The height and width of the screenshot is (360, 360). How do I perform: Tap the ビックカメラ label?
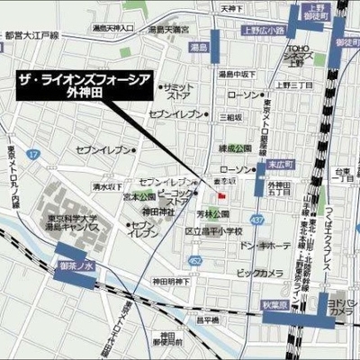258,271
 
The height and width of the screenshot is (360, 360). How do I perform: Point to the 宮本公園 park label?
139,195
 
